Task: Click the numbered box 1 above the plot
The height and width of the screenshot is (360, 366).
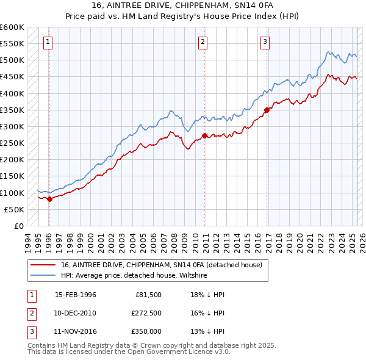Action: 48,42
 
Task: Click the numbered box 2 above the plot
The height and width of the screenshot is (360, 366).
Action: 203,42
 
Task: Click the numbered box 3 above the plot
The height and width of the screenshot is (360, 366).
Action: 265,42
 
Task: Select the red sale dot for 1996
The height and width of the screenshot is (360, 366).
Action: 49,199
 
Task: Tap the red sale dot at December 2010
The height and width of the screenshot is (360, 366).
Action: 204,135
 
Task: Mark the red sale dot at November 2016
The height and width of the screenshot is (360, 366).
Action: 267,110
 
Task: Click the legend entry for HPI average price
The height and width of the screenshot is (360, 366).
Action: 134,275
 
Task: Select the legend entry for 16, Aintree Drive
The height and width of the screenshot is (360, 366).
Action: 161,265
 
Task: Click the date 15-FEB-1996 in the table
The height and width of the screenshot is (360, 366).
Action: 76,295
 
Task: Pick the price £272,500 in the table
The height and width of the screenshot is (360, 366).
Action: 146,313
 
